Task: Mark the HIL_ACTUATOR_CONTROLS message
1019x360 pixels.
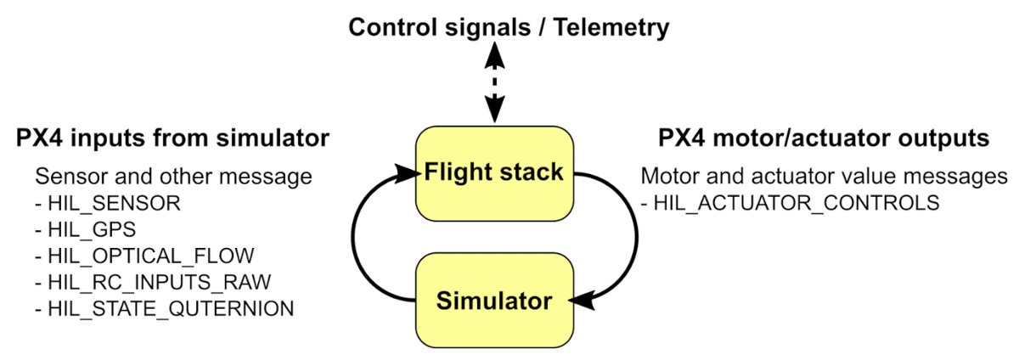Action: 790,204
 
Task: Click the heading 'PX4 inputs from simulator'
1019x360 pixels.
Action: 172,138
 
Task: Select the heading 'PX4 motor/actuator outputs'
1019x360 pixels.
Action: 824,138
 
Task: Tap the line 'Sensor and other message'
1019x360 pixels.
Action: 173,177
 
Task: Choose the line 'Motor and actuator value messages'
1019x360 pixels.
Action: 824,177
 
